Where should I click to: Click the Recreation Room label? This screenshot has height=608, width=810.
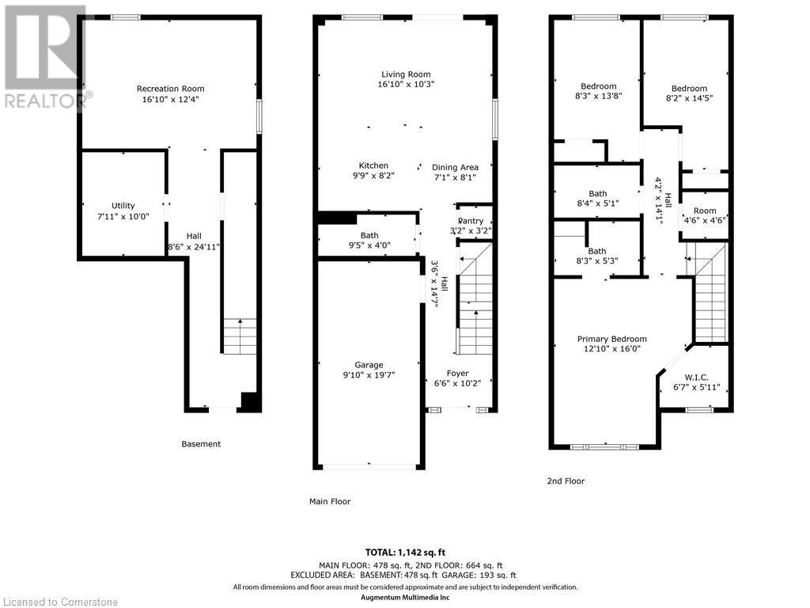pyautogui.click(x=171, y=89)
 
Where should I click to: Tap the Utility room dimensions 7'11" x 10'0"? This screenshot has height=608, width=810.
pyautogui.click(x=123, y=216)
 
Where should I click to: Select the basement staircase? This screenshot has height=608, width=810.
pyautogui.click(x=240, y=336)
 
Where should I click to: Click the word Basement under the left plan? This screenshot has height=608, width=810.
pyautogui.click(x=201, y=443)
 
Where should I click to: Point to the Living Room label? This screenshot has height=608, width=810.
pyautogui.click(x=406, y=74)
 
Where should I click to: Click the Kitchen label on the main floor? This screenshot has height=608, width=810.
pyautogui.click(x=373, y=165)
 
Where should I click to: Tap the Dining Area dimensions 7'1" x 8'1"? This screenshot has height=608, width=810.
pyautogui.click(x=455, y=177)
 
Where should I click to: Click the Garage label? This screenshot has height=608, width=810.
pyautogui.click(x=369, y=364)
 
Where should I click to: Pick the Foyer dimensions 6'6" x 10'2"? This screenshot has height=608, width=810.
pyautogui.click(x=458, y=383)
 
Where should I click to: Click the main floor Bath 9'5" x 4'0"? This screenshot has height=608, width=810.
pyautogui.click(x=369, y=241)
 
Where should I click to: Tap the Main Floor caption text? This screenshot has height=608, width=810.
pyautogui.click(x=330, y=501)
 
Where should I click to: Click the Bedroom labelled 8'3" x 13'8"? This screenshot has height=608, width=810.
pyautogui.click(x=598, y=91)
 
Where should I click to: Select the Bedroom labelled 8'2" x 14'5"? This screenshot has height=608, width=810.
pyautogui.click(x=689, y=93)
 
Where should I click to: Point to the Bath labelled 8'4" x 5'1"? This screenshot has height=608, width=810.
pyautogui.click(x=598, y=199)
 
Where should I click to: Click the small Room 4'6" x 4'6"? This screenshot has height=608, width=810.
pyautogui.click(x=705, y=215)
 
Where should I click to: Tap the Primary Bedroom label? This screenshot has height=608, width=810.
pyautogui.click(x=611, y=339)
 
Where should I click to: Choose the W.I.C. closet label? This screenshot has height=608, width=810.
pyautogui.click(x=696, y=378)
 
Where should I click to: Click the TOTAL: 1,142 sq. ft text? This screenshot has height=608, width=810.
pyautogui.click(x=405, y=552)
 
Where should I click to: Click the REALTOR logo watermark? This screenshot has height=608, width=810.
pyautogui.click(x=45, y=57)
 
